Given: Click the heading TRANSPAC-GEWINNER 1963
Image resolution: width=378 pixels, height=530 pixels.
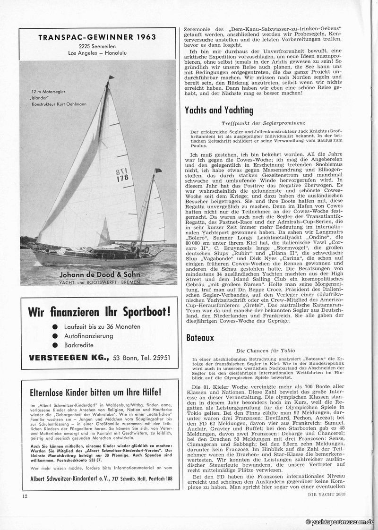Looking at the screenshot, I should point(97,37).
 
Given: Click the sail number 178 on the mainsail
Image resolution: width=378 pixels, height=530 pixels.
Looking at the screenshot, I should point(122,178).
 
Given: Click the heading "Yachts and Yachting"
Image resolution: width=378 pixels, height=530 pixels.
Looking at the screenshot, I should point(219,111).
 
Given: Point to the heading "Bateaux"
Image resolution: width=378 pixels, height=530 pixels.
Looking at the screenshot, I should point(200,338).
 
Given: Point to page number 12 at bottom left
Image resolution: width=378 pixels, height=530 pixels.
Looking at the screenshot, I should point(25,496).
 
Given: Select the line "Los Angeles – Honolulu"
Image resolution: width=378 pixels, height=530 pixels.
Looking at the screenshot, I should point(97,53).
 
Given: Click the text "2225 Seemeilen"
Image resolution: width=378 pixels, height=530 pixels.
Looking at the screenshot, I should point(97,46).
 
